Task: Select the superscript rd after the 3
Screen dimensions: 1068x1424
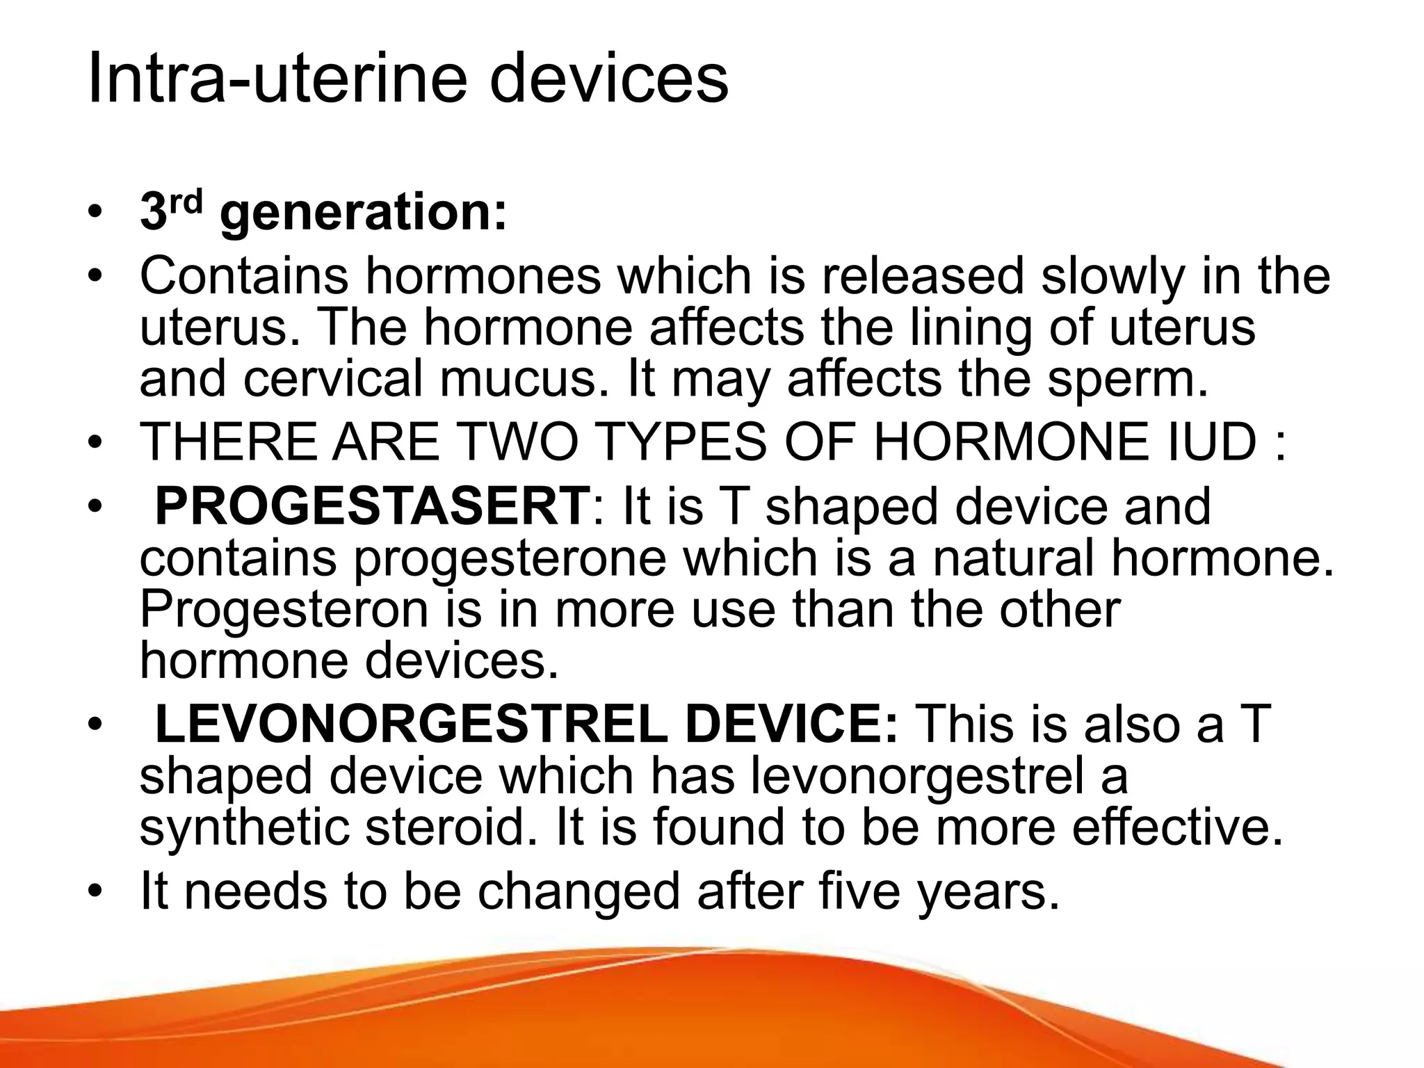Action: [187, 200]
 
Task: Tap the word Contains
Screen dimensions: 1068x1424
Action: [243, 276]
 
